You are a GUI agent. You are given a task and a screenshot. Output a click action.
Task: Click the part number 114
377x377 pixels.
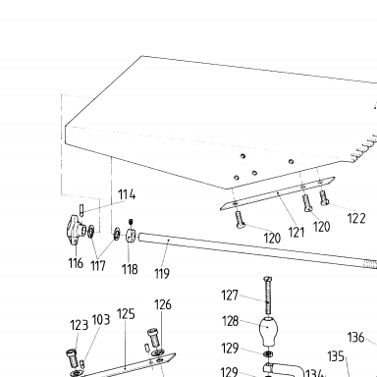pyautogui.click(x=127, y=194)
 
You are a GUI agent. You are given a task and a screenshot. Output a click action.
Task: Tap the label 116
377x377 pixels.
pyautogui.click(x=76, y=263)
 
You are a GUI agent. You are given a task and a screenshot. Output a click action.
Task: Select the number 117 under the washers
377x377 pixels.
pyautogui.click(x=98, y=266)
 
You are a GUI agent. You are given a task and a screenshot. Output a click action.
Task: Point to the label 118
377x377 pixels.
pyautogui.click(x=130, y=269)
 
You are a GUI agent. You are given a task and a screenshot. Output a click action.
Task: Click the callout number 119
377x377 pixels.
pyautogui.click(x=162, y=273)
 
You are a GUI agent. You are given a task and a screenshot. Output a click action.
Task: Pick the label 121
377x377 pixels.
pyautogui.click(x=296, y=233)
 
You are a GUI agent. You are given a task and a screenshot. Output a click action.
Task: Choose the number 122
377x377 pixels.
pyautogui.click(x=356, y=218)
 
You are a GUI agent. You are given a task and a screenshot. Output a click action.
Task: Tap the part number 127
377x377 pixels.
pyautogui.click(x=230, y=296)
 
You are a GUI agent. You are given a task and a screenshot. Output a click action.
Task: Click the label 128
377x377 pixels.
pyautogui.click(x=231, y=321)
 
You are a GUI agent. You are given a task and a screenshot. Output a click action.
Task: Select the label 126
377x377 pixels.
pyautogui.click(x=163, y=304)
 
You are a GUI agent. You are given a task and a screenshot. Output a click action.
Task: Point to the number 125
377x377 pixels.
pyautogui.click(x=126, y=314)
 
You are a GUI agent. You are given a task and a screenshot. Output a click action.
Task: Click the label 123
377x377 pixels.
pyautogui.click(x=79, y=325)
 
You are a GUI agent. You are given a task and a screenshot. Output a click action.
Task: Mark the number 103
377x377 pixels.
pyautogui.click(x=101, y=320)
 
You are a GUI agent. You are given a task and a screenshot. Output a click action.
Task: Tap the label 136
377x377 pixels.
pyautogui.click(x=355, y=337)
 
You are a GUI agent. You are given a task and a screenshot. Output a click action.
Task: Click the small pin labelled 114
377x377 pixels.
pyautogui.click(x=81, y=210)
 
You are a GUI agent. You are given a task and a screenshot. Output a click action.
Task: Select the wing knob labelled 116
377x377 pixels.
pyautogui.click(x=76, y=229)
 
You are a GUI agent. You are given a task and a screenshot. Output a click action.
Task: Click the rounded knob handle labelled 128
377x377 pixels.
pyautogui.click(x=268, y=331)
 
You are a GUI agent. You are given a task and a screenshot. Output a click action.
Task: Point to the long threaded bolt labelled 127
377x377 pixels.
pyautogui.click(x=268, y=295)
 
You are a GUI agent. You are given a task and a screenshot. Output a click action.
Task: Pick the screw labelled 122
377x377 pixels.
pyautogui.click(x=324, y=197)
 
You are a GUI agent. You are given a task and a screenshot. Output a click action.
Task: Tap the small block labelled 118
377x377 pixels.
pyautogui.click(x=131, y=235)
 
